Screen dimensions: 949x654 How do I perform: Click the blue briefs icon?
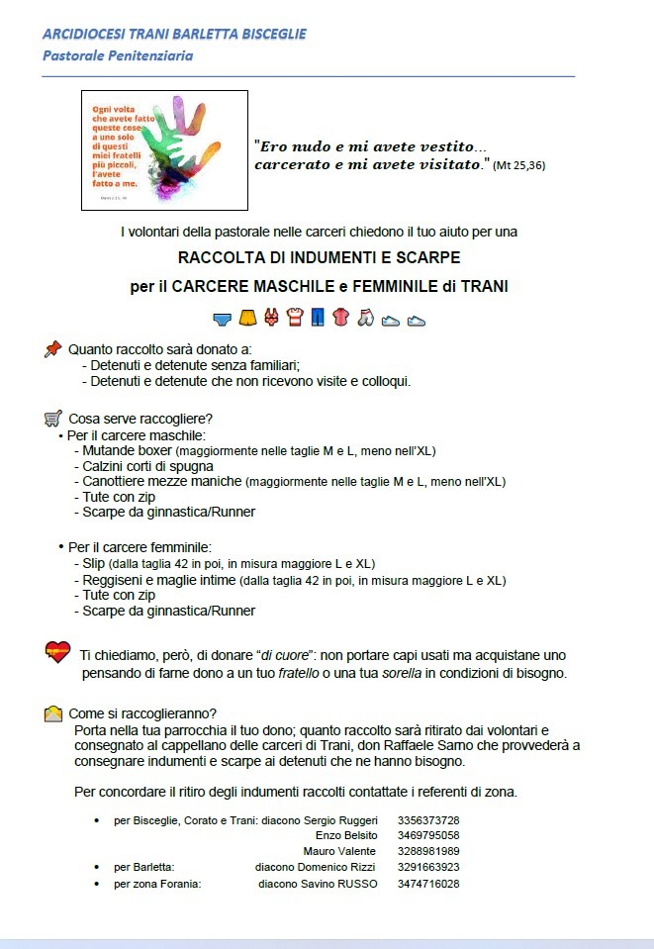pos(223,319)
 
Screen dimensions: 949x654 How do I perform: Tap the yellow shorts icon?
pos(246,319)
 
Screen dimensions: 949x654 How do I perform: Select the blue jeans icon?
pos(318,319)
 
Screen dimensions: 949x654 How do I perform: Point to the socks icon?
pos(365,319)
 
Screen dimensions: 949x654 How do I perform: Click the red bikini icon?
pos(270,319)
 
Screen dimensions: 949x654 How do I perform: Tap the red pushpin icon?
pos(52,349)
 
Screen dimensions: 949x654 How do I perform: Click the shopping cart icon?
pos(53,419)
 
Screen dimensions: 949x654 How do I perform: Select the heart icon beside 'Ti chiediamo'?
pos(57,652)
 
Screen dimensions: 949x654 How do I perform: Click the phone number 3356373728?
pos(428,820)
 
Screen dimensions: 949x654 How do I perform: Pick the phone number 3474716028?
pos(428,884)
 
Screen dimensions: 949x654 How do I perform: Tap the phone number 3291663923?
pos(428,867)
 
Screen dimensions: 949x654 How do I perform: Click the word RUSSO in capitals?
pos(357,884)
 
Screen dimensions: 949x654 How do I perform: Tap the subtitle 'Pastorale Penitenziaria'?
pos(118,55)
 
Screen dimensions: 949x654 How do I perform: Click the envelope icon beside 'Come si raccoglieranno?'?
pos(53,713)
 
